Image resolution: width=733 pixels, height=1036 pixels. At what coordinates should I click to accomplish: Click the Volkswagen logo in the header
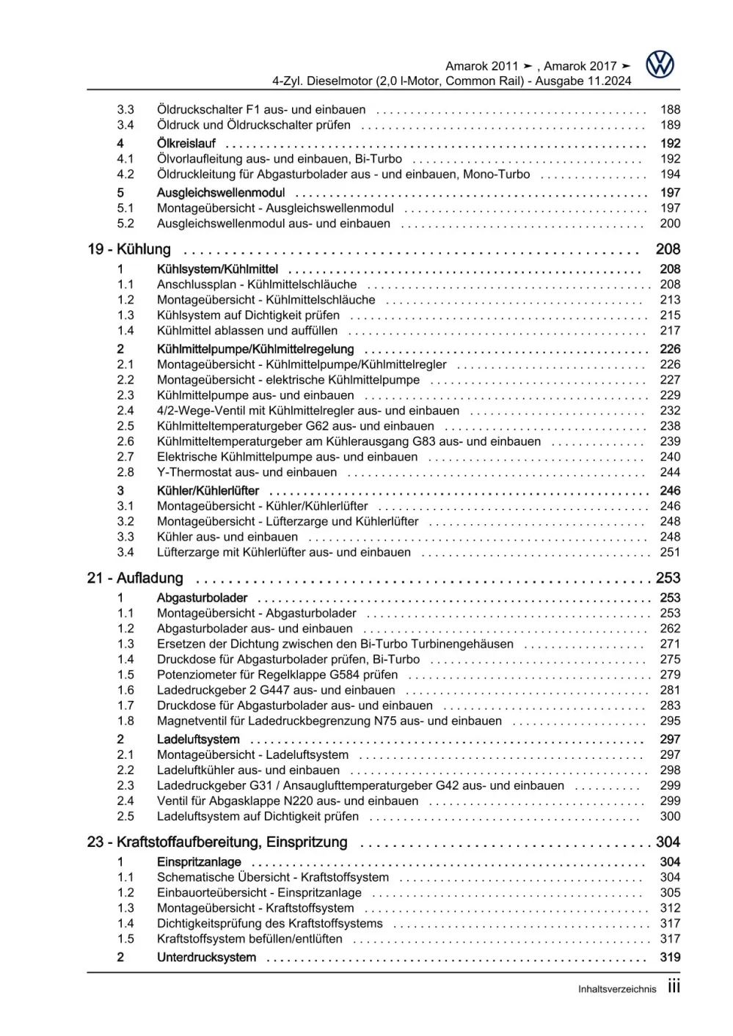pyautogui.click(x=660, y=65)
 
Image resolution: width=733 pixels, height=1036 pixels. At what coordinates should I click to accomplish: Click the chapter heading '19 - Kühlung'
pyautogui.click(x=129, y=249)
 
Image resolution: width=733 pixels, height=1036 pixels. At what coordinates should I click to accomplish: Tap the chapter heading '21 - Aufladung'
pyautogui.click(x=135, y=578)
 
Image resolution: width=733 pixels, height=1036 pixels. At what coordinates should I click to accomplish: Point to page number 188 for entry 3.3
pyautogui.click(x=670, y=109)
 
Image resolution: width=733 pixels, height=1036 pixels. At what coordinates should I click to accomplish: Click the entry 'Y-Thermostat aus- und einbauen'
pyautogui.click(x=247, y=472)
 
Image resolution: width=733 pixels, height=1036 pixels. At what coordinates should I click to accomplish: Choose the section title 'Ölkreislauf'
pyautogui.click(x=186, y=144)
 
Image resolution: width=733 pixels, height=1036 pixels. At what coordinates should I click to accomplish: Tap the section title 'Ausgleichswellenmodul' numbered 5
pyautogui.click(x=220, y=193)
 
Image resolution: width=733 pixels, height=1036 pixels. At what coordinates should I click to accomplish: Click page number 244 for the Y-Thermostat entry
pyautogui.click(x=670, y=472)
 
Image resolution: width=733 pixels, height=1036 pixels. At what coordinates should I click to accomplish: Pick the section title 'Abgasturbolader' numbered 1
pyautogui.click(x=202, y=598)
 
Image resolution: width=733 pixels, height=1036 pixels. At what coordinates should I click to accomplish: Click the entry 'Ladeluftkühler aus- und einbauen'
pyautogui.click(x=248, y=770)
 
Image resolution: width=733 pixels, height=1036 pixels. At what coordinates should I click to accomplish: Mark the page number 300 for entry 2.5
pyautogui.click(x=670, y=816)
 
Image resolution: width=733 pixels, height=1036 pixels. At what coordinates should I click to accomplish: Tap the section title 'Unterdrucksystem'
pyautogui.click(x=206, y=958)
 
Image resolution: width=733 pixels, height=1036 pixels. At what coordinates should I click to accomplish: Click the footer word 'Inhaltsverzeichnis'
pyautogui.click(x=617, y=989)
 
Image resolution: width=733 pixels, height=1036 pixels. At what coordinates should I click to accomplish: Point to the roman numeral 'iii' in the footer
pyautogui.click(x=674, y=987)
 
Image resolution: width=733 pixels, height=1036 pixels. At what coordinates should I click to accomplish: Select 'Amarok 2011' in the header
pyautogui.click(x=481, y=66)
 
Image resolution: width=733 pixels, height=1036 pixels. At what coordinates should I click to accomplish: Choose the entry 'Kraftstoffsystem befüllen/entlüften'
pyautogui.click(x=249, y=938)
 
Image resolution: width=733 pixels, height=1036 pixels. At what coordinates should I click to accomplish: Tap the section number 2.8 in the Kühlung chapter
pyautogui.click(x=125, y=472)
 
